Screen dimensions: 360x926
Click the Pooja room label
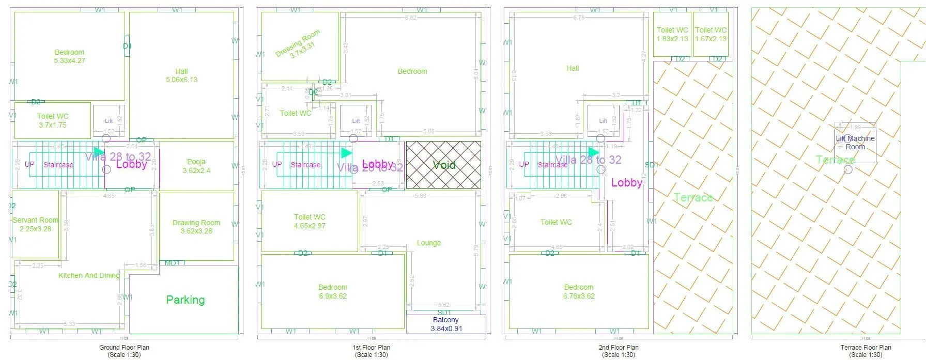[196, 166]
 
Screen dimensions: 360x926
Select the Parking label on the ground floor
[185, 300]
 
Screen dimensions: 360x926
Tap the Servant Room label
[36, 224]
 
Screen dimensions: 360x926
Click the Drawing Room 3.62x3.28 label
[196, 227]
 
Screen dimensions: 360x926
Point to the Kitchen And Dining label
[89, 275]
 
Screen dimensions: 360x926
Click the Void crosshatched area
[443, 165]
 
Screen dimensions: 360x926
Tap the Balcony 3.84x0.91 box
[446, 324]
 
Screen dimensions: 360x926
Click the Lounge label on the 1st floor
[429, 243]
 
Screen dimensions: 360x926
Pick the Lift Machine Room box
[855, 142]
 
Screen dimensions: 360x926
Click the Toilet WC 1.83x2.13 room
[672, 34]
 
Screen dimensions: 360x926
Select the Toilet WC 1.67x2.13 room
[711, 34]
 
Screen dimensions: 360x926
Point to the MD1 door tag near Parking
[172, 263]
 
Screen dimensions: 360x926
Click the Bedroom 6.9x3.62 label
[333, 292]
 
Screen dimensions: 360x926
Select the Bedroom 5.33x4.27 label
[69, 56]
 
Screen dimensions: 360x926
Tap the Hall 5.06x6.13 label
[181, 75]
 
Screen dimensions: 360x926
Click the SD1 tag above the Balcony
[444, 312]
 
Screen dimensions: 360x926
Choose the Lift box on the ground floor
[109, 120]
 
